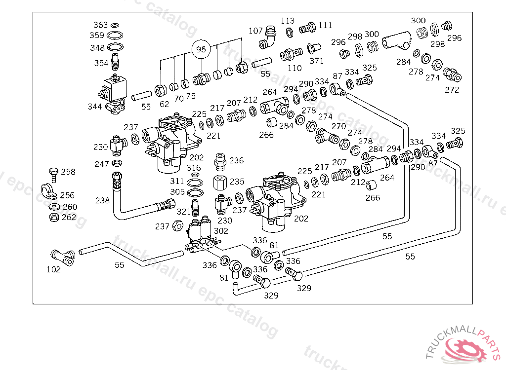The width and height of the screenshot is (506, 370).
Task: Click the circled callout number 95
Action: (x=201, y=50)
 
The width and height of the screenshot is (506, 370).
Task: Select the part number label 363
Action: (x=100, y=25)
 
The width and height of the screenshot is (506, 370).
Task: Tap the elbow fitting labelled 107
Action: (x=268, y=38)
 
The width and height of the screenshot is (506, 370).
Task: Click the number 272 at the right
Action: (x=452, y=90)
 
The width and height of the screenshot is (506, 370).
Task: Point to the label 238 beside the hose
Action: (x=102, y=201)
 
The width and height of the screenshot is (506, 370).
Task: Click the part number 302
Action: (x=221, y=230)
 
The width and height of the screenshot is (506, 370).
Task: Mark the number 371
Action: (x=316, y=61)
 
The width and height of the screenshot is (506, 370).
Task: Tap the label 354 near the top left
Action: (x=101, y=63)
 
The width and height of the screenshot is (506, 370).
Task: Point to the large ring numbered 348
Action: (x=115, y=48)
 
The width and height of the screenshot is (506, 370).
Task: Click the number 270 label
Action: (x=338, y=126)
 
